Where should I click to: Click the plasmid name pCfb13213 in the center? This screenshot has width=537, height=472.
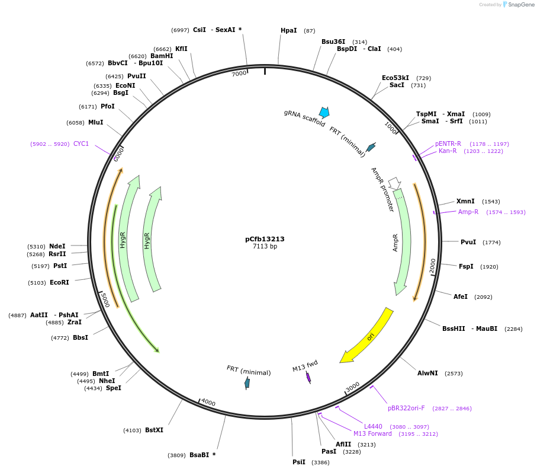[265, 239]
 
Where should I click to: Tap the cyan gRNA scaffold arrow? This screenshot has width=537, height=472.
[324, 112]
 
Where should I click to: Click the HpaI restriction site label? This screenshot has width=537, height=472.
[289, 30]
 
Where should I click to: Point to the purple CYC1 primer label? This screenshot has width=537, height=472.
[81, 143]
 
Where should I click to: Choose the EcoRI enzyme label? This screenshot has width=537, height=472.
[59, 282]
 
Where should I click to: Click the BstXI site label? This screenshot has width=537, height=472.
[154, 430]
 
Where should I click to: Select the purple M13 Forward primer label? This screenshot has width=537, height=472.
[372, 433]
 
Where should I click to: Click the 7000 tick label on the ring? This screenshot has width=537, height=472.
[239, 74]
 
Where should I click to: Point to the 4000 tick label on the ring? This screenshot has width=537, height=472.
[208, 403]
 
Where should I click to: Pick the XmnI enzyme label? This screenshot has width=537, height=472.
[465, 202]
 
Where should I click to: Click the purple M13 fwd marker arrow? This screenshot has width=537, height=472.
[308, 377]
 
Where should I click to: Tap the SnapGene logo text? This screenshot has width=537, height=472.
[519, 5]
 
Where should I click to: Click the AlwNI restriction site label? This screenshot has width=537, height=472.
[427, 373]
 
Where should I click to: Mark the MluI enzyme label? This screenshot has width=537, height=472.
[95, 122]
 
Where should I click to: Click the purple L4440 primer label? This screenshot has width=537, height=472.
[373, 426]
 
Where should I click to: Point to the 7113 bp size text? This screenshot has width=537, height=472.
[265, 246]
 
